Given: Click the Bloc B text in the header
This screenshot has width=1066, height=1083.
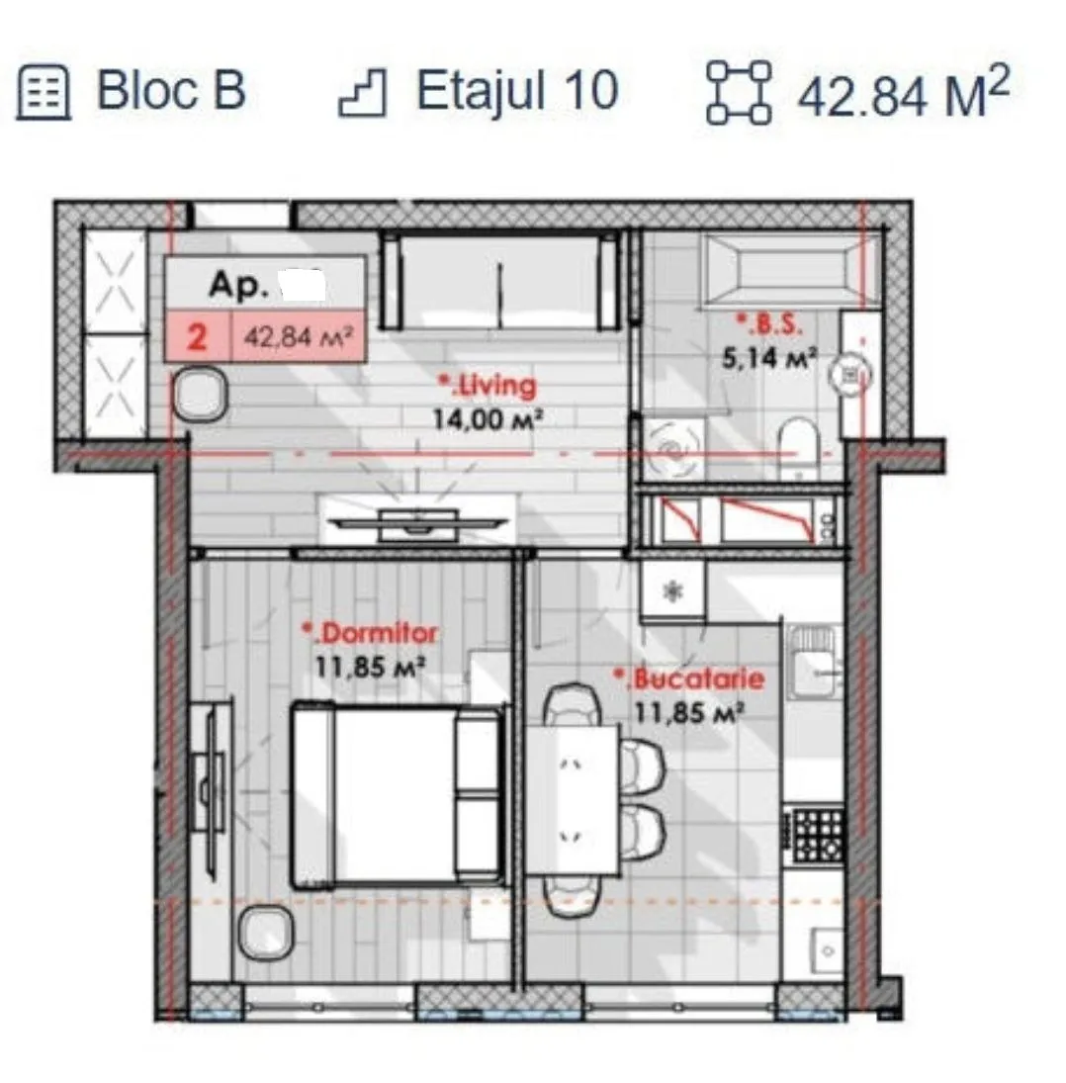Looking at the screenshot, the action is pyautogui.click(x=170, y=90).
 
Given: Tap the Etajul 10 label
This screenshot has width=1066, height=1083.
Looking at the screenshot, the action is pyautogui.click(x=517, y=90).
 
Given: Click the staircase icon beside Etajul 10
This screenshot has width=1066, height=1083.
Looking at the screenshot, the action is pyautogui.click(x=363, y=93).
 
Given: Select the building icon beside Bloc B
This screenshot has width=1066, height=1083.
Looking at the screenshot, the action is pyautogui.click(x=44, y=93).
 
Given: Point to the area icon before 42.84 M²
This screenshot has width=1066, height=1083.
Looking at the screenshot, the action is pyautogui.click(x=739, y=93).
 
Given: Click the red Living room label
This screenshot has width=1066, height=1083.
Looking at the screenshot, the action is pyautogui.click(x=489, y=386).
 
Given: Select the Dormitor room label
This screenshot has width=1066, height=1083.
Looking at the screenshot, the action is pyautogui.click(x=370, y=633).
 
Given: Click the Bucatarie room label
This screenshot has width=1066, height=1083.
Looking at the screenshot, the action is pyautogui.click(x=689, y=678).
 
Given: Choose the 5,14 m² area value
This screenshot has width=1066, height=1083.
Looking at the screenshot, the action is pyautogui.click(x=769, y=358).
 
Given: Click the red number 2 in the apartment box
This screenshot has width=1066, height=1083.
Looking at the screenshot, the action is pyautogui.click(x=198, y=337).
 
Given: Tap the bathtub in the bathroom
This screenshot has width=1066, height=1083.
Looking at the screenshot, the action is pyautogui.click(x=791, y=270).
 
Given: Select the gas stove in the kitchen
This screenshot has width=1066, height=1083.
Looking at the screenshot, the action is pyautogui.click(x=816, y=836).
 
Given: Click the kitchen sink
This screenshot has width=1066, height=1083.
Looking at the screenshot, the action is pyautogui.click(x=813, y=662).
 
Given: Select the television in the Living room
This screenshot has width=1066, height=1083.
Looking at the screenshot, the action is pyautogui.click(x=417, y=523).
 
